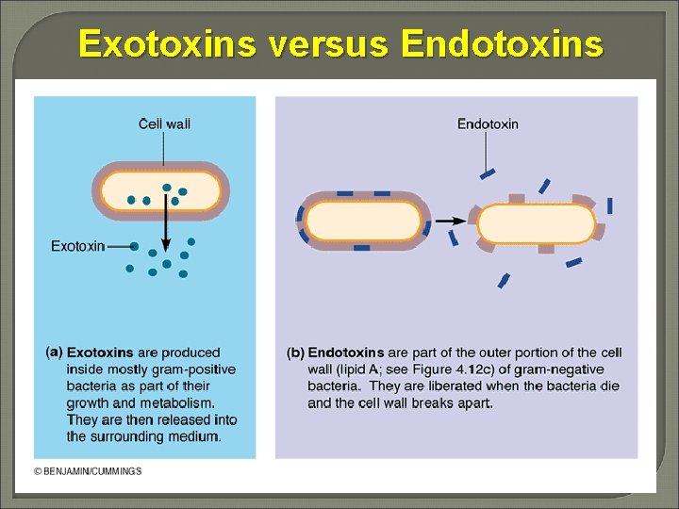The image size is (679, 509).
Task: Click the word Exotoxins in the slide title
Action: (x=166, y=43)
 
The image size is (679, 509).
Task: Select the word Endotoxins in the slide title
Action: (x=501, y=43)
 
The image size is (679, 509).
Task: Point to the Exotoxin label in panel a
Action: (x=77, y=246)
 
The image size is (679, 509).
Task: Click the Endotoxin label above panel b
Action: (x=488, y=123)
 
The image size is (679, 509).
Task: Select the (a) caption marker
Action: (x=54, y=352)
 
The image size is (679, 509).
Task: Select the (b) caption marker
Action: (x=295, y=353)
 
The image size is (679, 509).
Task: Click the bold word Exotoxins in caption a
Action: (x=100, y=353)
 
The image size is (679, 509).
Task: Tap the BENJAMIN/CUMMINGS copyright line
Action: (x=88, y=471)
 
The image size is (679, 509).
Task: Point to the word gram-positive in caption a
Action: (x=199, y=369)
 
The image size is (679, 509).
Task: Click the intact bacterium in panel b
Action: (x=362, y=222)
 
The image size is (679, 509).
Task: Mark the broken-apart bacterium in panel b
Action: (x=537, y=224)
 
